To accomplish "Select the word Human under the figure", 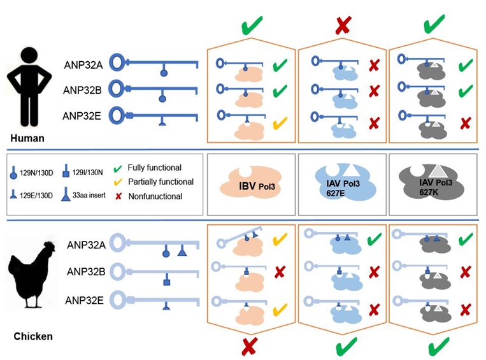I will pyautogui.click(x=26, y=138).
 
